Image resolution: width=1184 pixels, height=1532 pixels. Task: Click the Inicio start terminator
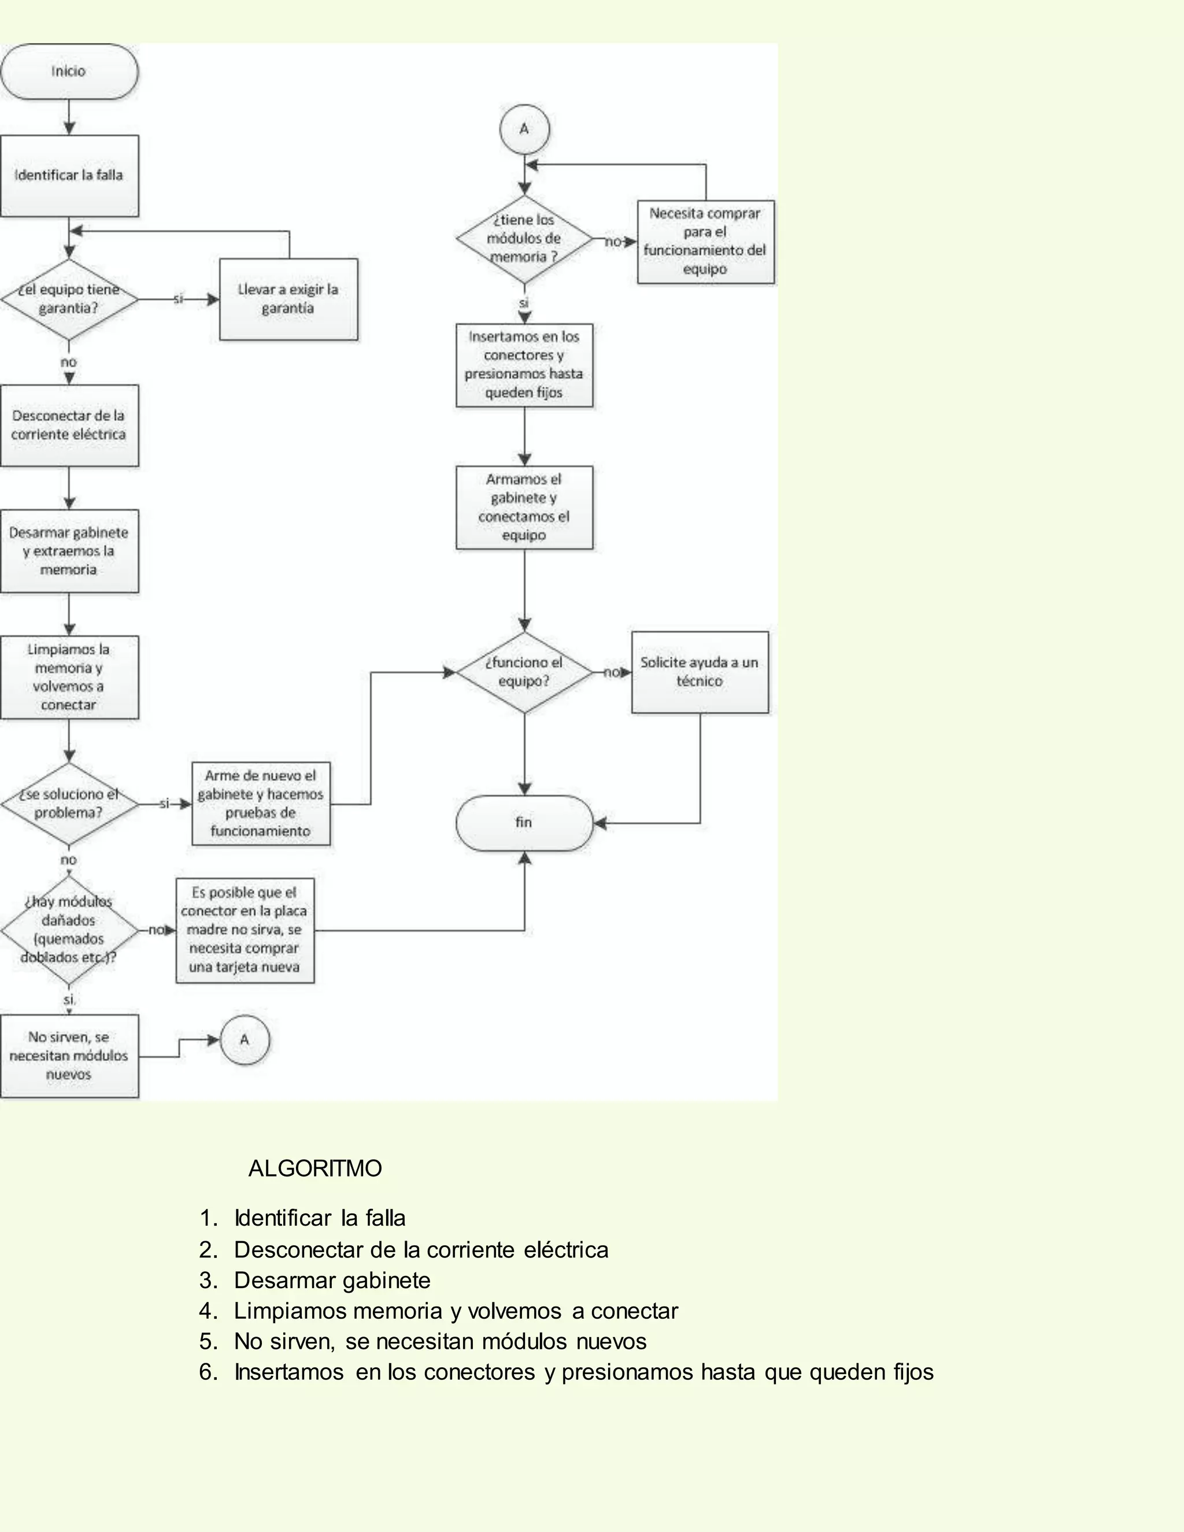[69, 72]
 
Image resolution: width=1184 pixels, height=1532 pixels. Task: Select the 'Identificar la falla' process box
[69, 175]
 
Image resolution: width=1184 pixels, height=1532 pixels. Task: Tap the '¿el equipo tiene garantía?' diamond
[69, 299]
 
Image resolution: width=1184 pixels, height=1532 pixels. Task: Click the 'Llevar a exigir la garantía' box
[288, 299]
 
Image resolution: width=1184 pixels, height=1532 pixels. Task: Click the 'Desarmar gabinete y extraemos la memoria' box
[69, 552]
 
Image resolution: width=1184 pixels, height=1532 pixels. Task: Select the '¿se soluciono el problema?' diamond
[69, 804]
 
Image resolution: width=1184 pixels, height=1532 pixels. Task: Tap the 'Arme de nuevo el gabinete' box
[261, 804]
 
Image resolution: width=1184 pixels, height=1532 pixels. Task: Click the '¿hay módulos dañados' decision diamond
[69, 930]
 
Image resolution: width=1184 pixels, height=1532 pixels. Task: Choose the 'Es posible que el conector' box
[245, 930]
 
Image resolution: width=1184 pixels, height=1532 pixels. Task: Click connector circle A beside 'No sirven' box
[245, 1039]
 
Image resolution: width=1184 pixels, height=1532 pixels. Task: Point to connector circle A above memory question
[524, 129]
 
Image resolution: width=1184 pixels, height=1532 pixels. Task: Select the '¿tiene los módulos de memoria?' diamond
[524, 239]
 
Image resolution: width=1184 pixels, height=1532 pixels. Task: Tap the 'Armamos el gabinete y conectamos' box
[524, 507]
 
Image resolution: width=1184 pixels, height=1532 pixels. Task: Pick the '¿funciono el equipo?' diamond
[524, 672]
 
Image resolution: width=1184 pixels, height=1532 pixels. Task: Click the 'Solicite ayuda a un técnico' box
[700, 672]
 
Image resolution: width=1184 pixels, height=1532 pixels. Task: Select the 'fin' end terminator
[524, 823]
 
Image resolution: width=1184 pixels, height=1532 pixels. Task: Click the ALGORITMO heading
[315, 1168]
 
